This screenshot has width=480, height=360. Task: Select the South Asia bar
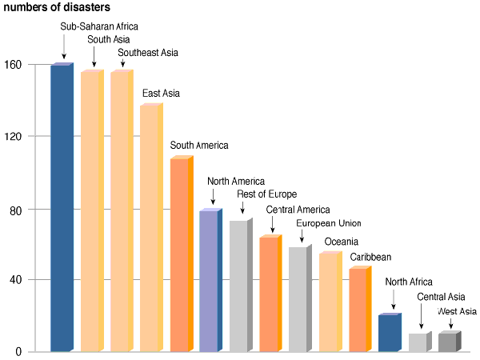pyautogui.click(x=91, y=211)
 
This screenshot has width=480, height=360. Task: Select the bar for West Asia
pyautogui.click(x=448, y=342)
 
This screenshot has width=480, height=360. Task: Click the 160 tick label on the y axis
pyautogui.click(x=13, y=65)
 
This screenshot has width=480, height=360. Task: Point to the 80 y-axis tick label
pyautogui.click(x=16, y=210)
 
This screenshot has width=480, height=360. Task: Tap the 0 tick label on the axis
pyautogui.click(x=19, y=352)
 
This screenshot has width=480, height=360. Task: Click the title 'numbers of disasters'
pyautogui.click(x=58, y=7)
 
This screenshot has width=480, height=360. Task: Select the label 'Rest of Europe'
pyautogui.click(x=266, y=194)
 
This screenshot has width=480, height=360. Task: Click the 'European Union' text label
pyautogui.click(x=329, y=223)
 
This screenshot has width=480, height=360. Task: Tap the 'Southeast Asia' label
pyautogui.click(x=148, y=54)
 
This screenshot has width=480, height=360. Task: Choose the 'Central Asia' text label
pyautogui.click(x=441, y=297)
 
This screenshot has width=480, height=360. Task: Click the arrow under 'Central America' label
pyautogui.click(x=272, y=225)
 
